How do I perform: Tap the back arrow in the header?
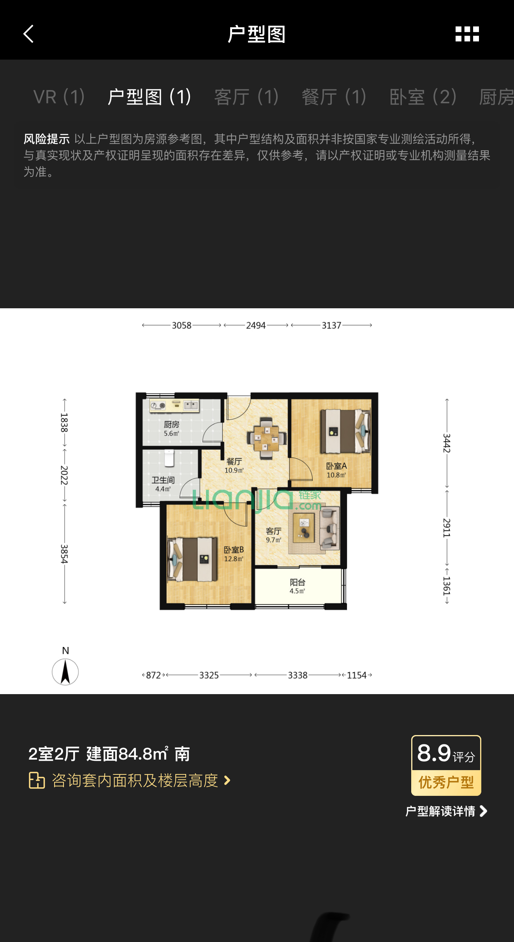click(x=29, y=34)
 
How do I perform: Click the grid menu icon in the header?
click(x=467, y=34)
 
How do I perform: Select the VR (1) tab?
click(x=59, y=97)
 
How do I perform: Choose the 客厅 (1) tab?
click(x=246, y=97)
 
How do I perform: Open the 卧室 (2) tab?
click(x=423, y=97)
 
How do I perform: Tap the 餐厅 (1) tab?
click(x=334, y=97)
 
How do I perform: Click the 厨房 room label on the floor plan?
click(x=172, y=424)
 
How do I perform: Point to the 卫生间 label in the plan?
click(x=163, y=480)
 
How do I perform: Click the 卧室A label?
click(x=336, y=466)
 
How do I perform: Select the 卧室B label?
click(x=234, y=550)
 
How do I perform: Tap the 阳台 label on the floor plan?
click(x=297, y=582)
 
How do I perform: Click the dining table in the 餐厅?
click(x=266, y=437)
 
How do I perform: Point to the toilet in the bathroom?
click(x=169, y=458)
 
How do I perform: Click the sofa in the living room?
click(x=329, y=527)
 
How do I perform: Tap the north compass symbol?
click(x=65, y=672)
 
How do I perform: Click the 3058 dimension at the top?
click(x=181, y=325)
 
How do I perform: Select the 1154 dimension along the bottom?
click(x=357, y=675)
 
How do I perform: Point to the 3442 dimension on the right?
click(x=447, y=443)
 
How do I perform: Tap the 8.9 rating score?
click(x=434, y=753)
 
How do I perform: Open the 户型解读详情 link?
click(x=446, y=811)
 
